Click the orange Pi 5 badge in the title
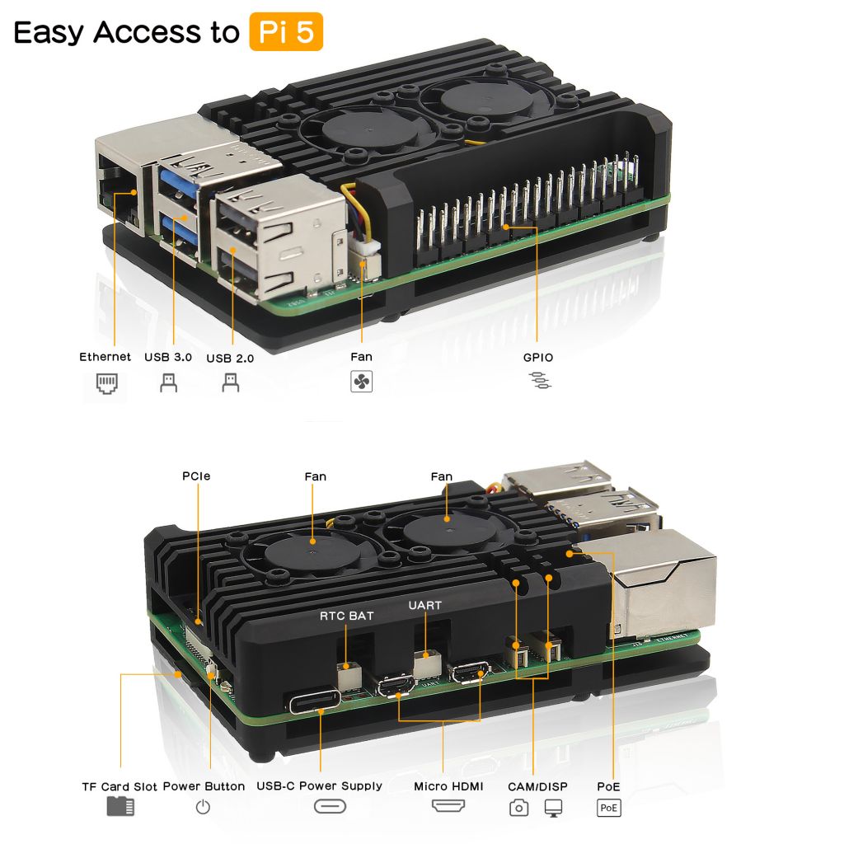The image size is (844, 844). (285, 32)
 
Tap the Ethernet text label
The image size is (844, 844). (105, 357)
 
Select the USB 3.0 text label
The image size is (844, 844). (168, 358)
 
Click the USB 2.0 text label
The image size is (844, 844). (230, 359)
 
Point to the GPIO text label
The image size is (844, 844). (538, 358)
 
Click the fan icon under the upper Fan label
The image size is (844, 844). (361, 382)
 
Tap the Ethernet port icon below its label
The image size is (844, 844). (106, 383)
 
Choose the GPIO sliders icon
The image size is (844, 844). (541, 381)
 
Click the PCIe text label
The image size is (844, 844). (196, 476)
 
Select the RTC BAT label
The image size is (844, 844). (347, 616)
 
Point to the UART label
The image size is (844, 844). (425, 606)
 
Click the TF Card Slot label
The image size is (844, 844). (120, 786)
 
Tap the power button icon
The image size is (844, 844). (203, 808)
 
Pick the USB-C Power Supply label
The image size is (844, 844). (319, 786)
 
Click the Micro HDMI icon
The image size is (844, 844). (448, 806)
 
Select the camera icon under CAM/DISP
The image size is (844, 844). (518, 809)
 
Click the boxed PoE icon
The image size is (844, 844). (609, 808)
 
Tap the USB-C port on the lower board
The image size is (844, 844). (314, 702)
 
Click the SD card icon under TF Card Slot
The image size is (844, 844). (120, 806)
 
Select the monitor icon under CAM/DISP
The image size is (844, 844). (553, 809)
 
